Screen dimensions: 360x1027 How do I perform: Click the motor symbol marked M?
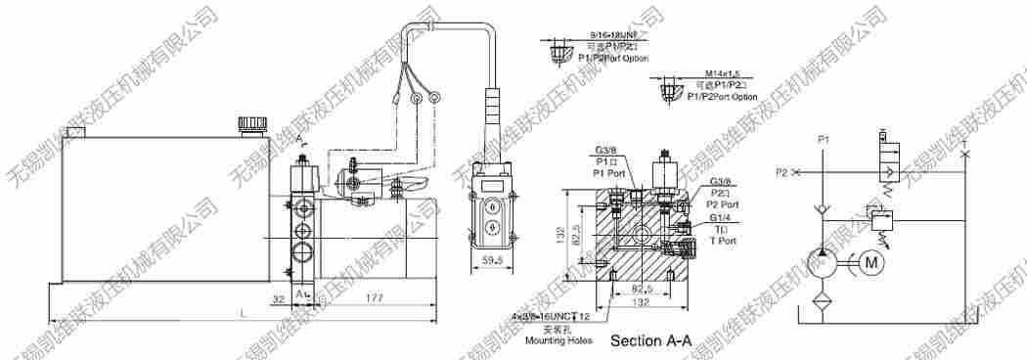[872, 261]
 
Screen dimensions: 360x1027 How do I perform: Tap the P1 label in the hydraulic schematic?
[824, 142]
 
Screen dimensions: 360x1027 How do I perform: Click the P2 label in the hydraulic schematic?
[781, 172]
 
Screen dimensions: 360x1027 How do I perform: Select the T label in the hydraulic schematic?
[966, 144]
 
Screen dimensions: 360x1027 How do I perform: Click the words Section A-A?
[650, 341]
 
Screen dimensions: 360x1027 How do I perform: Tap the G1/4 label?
[722, 218]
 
